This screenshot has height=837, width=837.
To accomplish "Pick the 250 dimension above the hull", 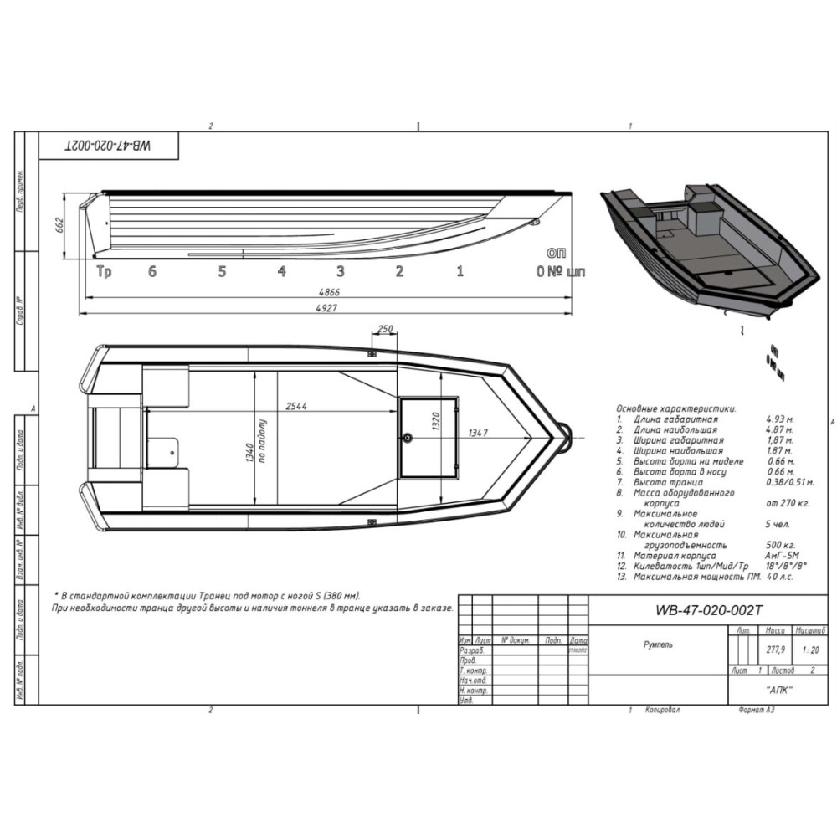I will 386,330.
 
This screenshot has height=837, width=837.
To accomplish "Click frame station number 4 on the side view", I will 282,271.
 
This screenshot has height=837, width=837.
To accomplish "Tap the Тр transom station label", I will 104,271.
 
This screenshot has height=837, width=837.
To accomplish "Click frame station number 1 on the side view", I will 460,271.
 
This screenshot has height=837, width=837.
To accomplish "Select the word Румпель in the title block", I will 657,644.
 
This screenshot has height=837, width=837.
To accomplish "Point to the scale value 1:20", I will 810,650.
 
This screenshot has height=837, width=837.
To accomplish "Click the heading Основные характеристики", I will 676,408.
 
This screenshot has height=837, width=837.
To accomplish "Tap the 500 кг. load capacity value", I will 782,545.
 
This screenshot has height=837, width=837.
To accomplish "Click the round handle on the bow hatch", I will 407,437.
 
